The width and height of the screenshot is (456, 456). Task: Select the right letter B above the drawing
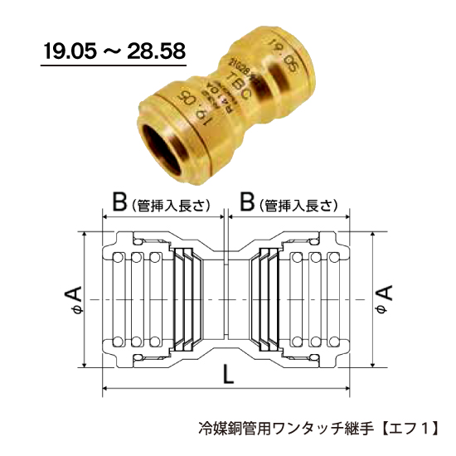tap(245, 202)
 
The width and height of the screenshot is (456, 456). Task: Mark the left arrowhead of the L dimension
tap(104, 389)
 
